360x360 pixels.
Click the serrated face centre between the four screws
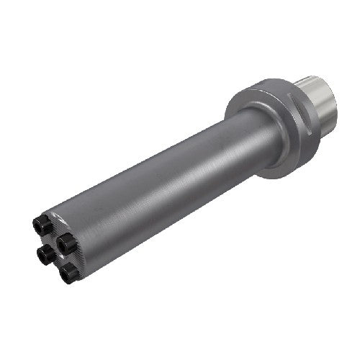56,248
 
